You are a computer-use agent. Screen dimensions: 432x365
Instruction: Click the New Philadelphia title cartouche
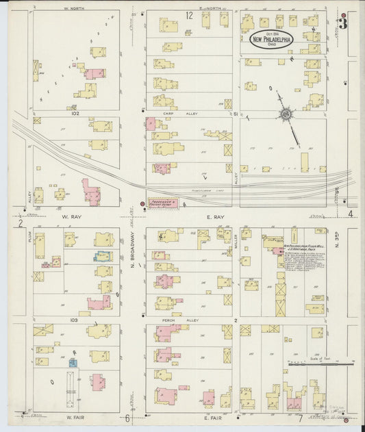pyautogui.click(x=272, y=40)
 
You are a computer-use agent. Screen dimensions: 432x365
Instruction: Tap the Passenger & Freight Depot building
pyautogui.click(x=163, y=203)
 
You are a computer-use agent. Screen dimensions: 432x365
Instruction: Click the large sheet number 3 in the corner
pyautogui.click(x=343, y=25)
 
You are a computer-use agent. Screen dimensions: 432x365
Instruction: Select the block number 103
pyautogui.click(x=74, y=320)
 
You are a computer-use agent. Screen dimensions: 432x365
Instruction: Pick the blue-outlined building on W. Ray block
pyautogui.click(x=103, y=257)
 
